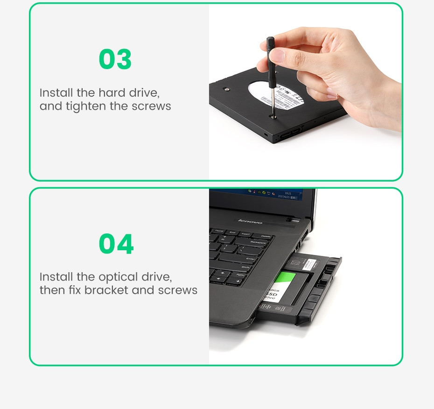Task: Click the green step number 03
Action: (x=115, y=60)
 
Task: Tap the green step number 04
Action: (x=116, y=244)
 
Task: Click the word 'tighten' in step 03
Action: (x=86, y=106)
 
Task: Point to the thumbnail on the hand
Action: (x=277, y=56)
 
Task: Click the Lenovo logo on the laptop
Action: (x=250, y=221)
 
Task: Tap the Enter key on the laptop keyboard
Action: (x=251, y=258)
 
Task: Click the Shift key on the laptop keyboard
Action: (x=245, y=267)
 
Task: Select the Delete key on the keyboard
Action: (x=266, y=237)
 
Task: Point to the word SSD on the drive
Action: (x=272, y=295)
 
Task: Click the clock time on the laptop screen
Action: (x=287, y=193)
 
